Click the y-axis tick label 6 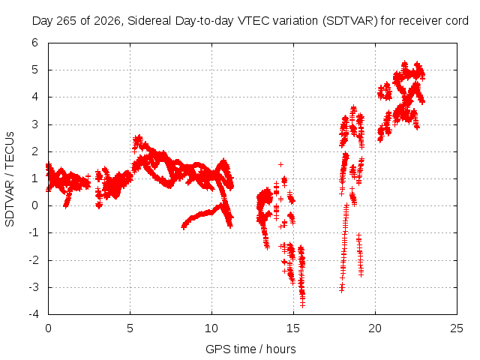pos(34,43)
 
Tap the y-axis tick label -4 pos(34,314)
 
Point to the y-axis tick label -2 pos(34,260)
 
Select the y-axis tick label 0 pos(34,205)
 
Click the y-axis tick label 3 pos(34,124)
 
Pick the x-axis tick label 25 pos(457,328)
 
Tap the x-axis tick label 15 pos(293,328)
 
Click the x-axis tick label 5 pos(130,328)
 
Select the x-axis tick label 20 pos(375,328)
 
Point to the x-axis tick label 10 pos(211,328)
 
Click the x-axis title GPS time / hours pos(250,349)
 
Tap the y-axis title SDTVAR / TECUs pos(10,179)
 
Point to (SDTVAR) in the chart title pos(350,21)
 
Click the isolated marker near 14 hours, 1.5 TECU pos(280,165)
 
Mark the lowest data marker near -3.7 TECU pos(302,304)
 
